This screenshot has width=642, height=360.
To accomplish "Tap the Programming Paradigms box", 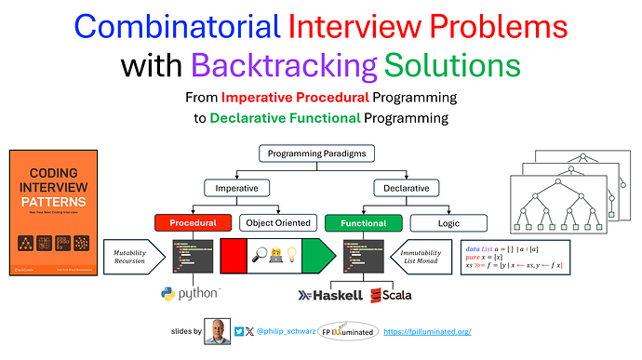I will [x=317, y=154].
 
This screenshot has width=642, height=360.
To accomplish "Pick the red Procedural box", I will [x=194, y=223].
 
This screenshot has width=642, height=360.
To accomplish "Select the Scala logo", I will [x=391, y=294].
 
